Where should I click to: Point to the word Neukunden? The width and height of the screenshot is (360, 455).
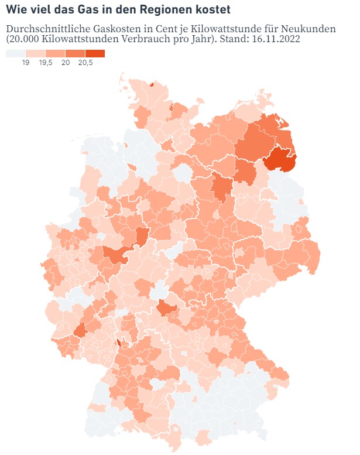[310, 29]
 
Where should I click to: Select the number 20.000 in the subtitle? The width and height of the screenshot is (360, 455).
[27, 39]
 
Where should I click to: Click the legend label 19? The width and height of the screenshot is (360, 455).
[26, 62]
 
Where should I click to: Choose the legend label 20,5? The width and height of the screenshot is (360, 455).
[85, 62]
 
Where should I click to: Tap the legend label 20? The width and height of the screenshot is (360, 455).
[66, 62]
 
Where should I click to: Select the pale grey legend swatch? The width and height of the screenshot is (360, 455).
[15, 53]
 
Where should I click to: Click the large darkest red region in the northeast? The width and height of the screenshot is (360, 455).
[280, 159]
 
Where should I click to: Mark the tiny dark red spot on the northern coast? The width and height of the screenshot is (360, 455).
[151, 84]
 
